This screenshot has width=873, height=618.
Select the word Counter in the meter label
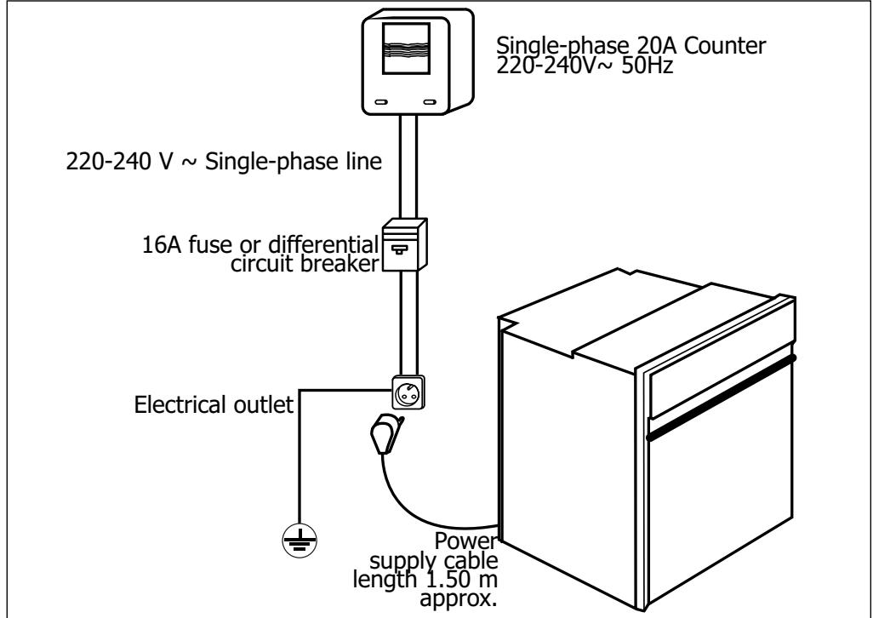(728, 48)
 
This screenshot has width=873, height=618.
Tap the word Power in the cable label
(465, 541)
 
